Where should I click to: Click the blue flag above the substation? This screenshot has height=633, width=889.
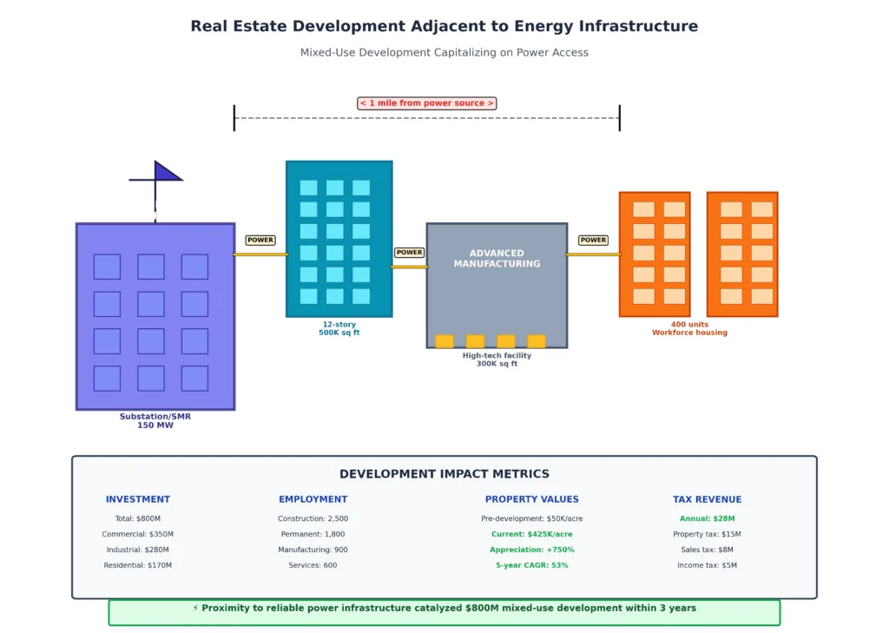(167, 172)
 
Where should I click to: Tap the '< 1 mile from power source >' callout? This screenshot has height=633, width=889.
(426, 103)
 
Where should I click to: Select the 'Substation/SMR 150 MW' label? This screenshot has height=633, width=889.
(155, 421)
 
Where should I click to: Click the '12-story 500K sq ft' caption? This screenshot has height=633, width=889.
(339, 328)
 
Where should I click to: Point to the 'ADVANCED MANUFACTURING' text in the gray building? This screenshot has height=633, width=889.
(497, 259)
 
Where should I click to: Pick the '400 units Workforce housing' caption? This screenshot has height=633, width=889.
(689, 328)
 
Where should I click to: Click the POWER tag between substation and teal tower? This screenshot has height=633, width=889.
(260, 240)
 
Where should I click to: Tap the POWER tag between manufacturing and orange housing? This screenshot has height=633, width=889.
(594, 240)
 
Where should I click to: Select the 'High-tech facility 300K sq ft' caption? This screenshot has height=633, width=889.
(497, 359)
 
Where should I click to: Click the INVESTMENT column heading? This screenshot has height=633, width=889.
(138, 499)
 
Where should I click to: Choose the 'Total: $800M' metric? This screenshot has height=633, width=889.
(138, 518)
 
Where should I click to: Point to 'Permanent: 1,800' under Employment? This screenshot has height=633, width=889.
(313, 534)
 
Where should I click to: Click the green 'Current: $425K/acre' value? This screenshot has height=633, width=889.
(531, 534)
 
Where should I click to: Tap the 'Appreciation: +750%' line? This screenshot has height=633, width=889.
(531, 550)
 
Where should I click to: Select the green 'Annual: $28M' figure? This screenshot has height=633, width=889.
(707, 518)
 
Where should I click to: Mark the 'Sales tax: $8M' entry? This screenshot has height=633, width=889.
(707, 550)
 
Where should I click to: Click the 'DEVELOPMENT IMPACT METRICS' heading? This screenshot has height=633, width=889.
(444, 474)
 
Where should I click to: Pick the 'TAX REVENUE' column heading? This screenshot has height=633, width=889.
(707, 499)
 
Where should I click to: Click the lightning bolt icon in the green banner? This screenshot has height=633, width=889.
(195, 609)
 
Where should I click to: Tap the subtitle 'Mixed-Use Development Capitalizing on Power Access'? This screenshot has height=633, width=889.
(444, 52)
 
